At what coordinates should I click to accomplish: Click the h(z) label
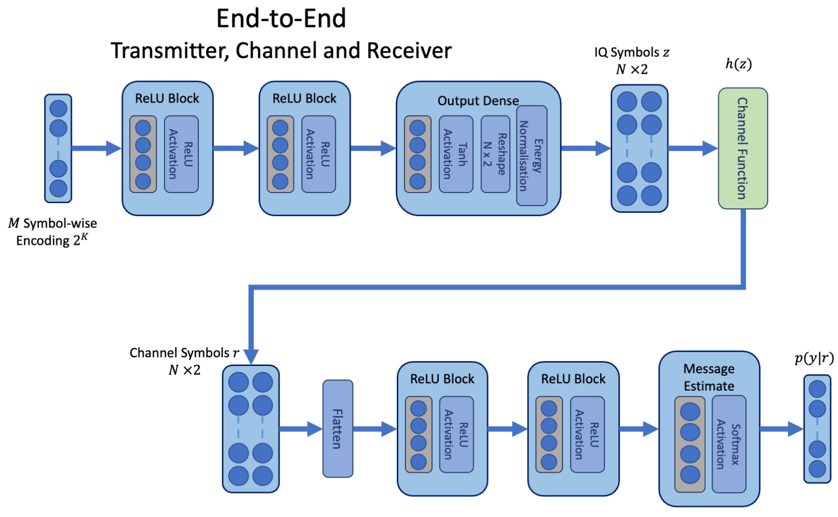point(738,64)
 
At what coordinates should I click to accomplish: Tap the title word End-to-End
point(281,19)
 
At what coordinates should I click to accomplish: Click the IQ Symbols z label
point(631,52)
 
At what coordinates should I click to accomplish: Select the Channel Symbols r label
point(184,353)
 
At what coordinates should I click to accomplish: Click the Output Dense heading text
point(477,101)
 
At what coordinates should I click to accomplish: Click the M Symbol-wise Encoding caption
point(52,232)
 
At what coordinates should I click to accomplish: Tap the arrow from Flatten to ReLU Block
point(374,428)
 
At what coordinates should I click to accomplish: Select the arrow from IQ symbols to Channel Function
point(692,148)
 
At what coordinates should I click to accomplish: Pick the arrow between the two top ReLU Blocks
point(236,148)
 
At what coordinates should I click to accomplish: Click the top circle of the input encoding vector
point(59,108)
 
